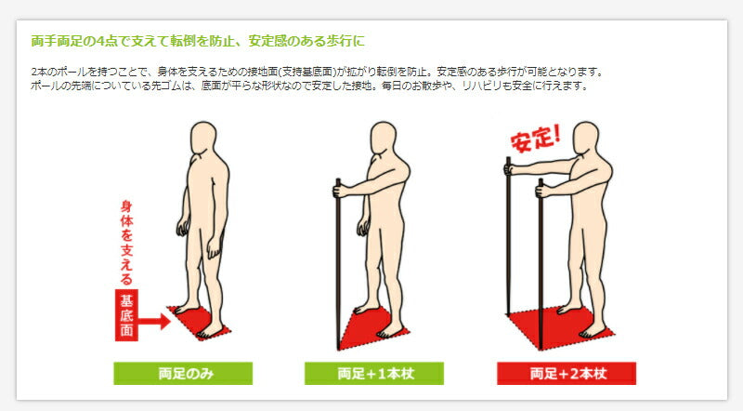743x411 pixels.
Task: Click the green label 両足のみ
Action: pyautogui.click(x=183, y=374)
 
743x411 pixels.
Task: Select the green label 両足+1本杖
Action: pyautogui.click(x=374, y=374)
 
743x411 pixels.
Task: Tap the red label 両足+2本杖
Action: pyautogui.click(x=567, y=374)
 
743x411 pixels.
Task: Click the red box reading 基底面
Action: pyautogui.click(x=126, y=314)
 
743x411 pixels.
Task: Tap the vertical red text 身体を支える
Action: pyautogui.click(x=126, y=242)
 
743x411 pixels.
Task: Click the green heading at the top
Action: pyautogui.click(x=198, y=41)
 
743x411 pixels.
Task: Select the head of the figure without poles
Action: pyautogui.click(x=203, y=138)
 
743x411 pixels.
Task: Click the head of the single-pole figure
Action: pyautogui.click(x=383, y=138)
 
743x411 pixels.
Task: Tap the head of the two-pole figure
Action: pyautogui.click(x=586, y=138)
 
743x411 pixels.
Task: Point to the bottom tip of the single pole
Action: pyautogui.click(x=338, y=349)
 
